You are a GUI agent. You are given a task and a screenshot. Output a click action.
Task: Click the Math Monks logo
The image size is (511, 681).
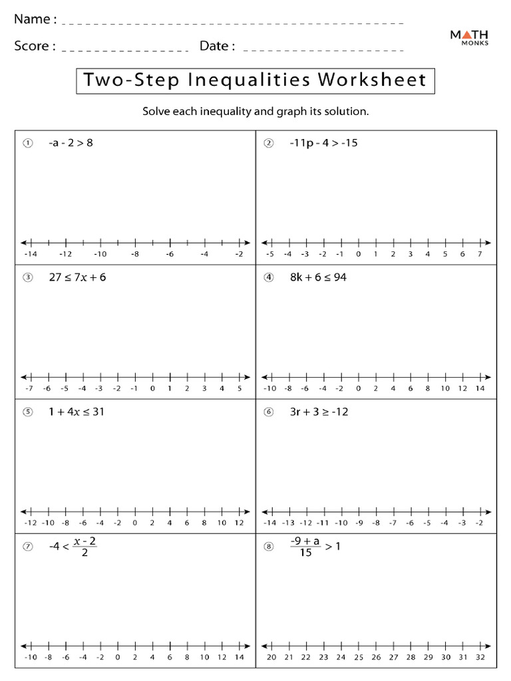coord(469,37)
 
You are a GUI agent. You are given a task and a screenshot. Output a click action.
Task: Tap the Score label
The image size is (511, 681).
coord(31,46)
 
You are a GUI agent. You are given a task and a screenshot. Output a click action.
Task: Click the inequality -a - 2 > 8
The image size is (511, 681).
coord(71,142)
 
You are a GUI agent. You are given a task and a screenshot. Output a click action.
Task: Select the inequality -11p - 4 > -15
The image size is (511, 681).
coord(323,142)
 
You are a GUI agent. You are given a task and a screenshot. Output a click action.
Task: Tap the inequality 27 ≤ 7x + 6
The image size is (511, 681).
coord(77,277)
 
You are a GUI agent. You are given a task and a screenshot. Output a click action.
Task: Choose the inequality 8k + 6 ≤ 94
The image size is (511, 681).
coord(317,277)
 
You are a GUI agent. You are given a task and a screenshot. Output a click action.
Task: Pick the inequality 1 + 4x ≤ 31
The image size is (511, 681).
coord(76,412)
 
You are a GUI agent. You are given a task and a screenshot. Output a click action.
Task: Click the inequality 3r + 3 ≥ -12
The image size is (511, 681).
coord(319,412)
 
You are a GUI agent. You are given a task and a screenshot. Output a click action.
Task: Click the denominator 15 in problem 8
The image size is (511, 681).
coord(305,553)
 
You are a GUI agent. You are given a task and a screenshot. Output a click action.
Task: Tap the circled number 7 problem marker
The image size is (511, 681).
coord(27,547)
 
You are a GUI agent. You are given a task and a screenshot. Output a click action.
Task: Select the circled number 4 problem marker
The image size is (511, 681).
coord(269,278)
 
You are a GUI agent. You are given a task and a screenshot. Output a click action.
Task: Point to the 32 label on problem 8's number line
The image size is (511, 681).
coord(480,657)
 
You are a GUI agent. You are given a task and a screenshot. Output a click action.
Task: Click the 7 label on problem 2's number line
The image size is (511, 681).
coord(480,254)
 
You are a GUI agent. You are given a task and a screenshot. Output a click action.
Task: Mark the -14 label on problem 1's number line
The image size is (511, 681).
coord(30,254)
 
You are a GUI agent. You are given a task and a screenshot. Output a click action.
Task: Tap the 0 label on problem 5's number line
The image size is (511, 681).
coord(134,523)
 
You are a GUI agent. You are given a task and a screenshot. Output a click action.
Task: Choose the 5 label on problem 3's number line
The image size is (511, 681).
coord(239,388)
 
